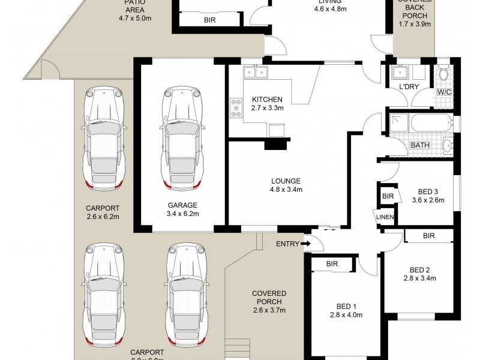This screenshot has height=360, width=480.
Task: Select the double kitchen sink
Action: pyautogui.click(x=256, y=73)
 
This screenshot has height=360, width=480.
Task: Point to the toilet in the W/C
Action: pyautogui.click(x=444, y=74)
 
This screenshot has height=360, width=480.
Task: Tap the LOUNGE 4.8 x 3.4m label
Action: pyautogui.click(x=286, y=185)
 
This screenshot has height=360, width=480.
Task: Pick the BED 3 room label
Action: pyautogui.click(x=430, y=193)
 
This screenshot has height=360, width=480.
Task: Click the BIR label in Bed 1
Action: pyautogui.click(x=332, y=264)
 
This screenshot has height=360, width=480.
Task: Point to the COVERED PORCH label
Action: pyautogui.click(x=268, y=297)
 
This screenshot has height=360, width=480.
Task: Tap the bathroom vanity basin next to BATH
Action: pyautogui.click(x=447, y=145)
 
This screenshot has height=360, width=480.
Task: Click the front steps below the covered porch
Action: pyautogui.click(x=236, y=349)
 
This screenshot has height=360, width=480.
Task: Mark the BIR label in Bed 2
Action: pyautogui.click(x=428, y=236)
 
